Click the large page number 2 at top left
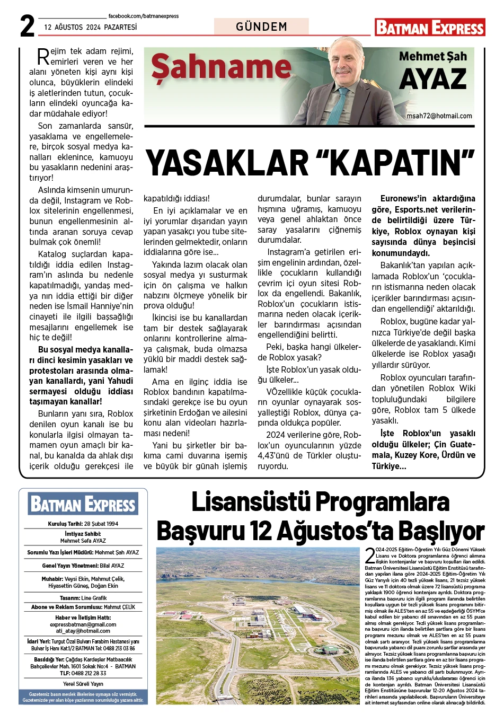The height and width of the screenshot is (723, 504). pyautogui.click(x=28, y=26)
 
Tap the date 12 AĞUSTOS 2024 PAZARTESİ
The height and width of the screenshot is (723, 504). pyautogui.click(x=90, y=27)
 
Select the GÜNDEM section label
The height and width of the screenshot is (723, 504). pyautogui.click(x=261, y=27)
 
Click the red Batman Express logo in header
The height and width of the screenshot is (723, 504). pyautogui.click(x=429, y=28)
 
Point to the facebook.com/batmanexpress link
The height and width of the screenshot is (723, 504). pyautogui.click(x=143, y=16)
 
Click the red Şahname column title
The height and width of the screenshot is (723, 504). pyautogui.click(x=221, y=68)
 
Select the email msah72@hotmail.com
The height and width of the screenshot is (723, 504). pyautogui.click(x=439, y=116)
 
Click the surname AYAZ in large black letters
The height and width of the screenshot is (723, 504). pyautogui.click(x=432, y=80)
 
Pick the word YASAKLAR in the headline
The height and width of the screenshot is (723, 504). pyautogui.click(x=226, y=163)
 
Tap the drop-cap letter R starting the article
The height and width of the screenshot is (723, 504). pyautogui.click(x=43, y=56)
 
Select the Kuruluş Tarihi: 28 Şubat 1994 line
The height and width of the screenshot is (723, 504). pyautogui.click(x=83, y=524)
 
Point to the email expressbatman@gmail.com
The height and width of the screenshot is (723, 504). pyautogui.click(x=83, y=624)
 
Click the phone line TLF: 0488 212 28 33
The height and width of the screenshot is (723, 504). pyautogui.click(x=83, y=673)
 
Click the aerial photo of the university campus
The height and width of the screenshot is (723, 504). pyautogui.click(x=258, y=625)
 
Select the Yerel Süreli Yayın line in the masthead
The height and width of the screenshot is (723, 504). pyautogui.click(x=83, y=684)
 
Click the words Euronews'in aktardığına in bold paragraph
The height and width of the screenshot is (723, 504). pyautogui.click(x=428, y=199)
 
